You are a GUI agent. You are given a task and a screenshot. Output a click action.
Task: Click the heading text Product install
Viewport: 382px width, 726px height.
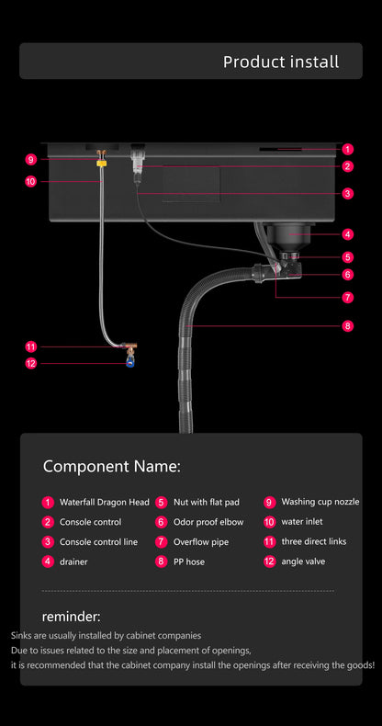(281, 62)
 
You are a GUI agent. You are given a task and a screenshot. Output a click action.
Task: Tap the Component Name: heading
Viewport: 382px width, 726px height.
(111, 466)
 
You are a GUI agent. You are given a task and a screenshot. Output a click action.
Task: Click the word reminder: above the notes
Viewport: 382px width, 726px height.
(71, 616)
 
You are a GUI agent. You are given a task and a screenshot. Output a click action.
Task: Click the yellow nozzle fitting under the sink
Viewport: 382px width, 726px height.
(102, 164)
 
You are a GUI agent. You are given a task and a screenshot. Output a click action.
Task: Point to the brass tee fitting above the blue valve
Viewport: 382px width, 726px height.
(129, 348)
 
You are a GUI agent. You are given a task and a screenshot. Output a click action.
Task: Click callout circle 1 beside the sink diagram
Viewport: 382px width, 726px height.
(348, 149)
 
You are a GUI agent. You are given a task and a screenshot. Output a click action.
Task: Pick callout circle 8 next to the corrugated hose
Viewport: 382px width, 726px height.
(348, 325)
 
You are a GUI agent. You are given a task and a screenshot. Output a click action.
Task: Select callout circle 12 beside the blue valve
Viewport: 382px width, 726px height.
(30, 363)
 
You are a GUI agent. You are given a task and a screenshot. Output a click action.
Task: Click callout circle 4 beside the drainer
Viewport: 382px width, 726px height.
(348, 234)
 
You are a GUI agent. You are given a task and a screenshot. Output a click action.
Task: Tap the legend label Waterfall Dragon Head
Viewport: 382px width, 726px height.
(104, 503)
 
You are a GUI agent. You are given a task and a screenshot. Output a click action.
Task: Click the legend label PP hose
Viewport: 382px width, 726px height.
(188, 562)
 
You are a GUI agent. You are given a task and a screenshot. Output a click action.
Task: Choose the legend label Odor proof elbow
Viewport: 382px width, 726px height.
(208, 522)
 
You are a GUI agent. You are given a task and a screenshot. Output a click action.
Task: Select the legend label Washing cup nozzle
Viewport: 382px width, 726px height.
(320, 502)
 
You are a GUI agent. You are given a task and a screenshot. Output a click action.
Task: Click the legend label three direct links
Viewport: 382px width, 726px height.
(314, 542)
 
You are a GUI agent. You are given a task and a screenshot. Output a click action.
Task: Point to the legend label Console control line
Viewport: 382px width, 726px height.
(98, 542)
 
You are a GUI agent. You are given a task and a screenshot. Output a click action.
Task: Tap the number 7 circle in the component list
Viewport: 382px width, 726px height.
(161, 542)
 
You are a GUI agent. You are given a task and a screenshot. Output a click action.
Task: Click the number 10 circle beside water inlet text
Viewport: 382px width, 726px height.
(270, 522)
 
